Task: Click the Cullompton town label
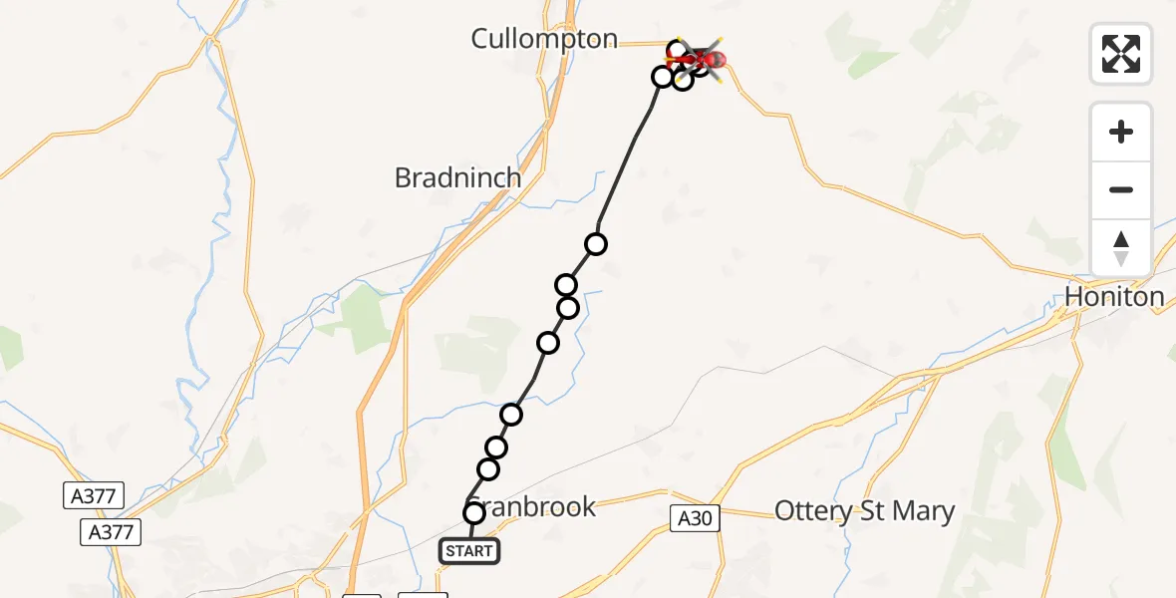[544, 39]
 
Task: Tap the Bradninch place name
[457, 178]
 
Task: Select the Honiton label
[1114, 296]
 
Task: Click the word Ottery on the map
[812, 511]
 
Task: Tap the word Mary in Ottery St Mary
[924, 511]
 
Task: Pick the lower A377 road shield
[109, 532]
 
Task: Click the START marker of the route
[468, 550]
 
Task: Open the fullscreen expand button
[1121, 54]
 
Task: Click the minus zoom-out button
[1121, 189]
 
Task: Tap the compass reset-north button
[1121, 247]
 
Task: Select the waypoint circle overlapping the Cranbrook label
[474, 512]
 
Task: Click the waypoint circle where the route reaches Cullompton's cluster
[663, 76]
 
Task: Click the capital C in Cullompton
[480, 39]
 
